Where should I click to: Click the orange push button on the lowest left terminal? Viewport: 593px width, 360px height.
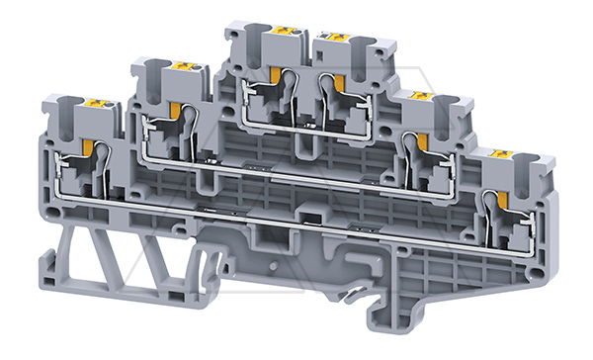(x=99, y=102)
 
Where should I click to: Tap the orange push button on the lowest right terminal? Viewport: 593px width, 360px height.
(x=504, y=156)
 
